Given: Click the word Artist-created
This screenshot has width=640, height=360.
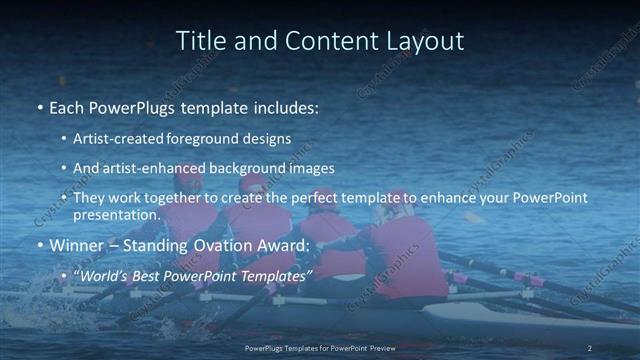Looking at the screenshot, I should click(116, 138).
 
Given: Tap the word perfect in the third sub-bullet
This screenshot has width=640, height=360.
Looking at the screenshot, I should click(296, 199).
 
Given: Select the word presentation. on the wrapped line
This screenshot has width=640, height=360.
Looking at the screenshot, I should click(116, 215).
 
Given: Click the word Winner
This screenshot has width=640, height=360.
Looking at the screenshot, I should click(76, 245).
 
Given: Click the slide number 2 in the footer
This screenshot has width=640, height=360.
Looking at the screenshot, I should click(590, 348).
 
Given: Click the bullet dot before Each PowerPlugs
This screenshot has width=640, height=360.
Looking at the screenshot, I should click(40, 107).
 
